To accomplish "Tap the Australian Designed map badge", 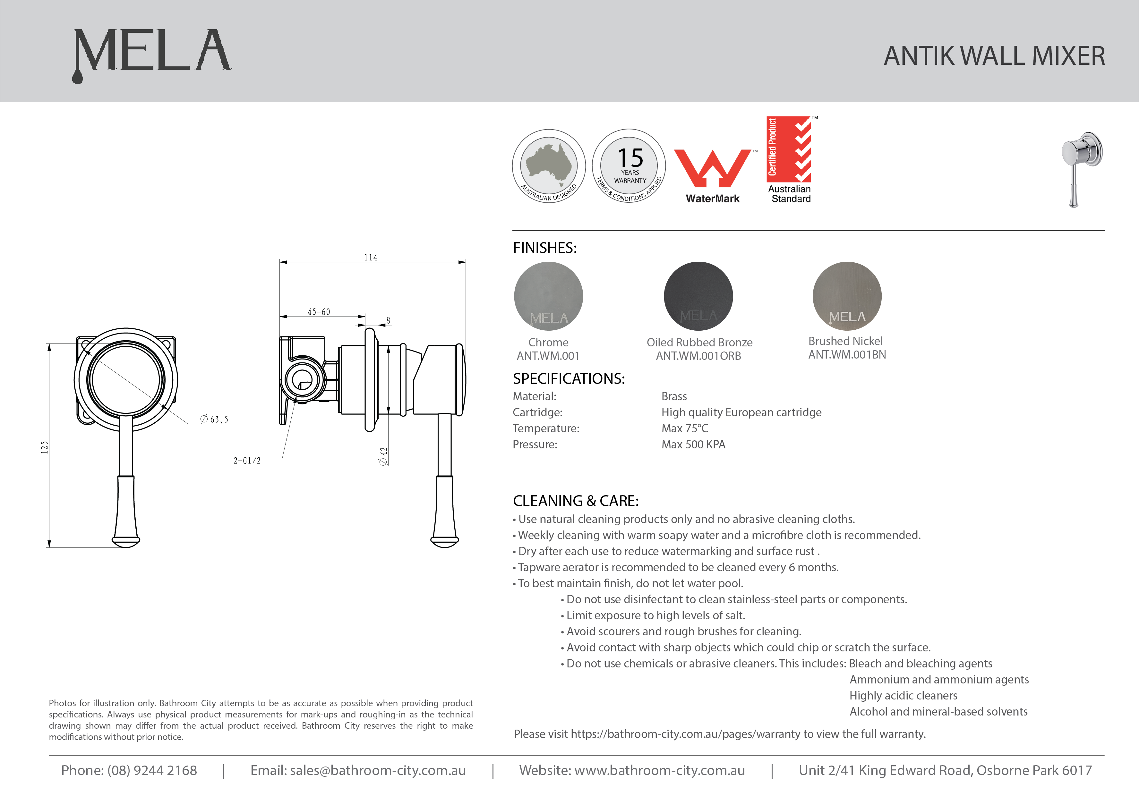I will point(549,166).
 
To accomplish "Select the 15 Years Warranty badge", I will point(629,166).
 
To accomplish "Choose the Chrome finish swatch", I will point(548,296).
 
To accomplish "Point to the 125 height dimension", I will point(45,447).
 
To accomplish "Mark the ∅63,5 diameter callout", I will point(214,419).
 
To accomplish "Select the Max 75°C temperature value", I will point(685,428).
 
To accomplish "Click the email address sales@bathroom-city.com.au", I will point(378,770).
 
